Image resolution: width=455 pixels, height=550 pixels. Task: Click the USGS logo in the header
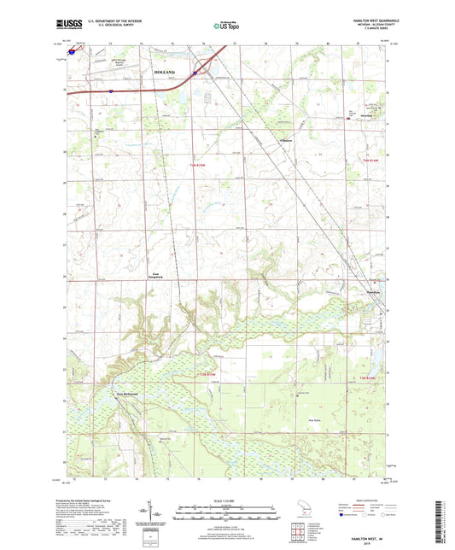pos(67,23)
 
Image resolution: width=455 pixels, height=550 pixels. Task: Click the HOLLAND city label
pos(165,73)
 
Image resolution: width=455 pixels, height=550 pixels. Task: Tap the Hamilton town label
pos(371,290)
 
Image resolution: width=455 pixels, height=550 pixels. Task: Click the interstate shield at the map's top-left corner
pos(71,50)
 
